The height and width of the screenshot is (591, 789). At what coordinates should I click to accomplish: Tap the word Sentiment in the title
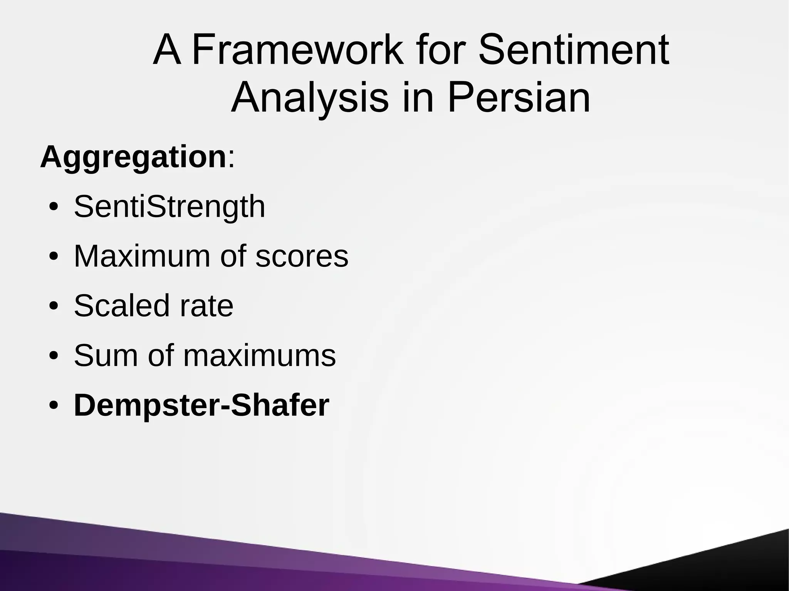coord(573,50)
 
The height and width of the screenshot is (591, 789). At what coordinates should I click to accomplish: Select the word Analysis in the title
coord(310,98)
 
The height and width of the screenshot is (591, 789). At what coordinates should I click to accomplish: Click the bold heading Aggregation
coord(133,157)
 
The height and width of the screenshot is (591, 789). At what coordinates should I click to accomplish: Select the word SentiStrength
coord(170,207)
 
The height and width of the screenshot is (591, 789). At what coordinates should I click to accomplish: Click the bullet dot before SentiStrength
coord(54,208)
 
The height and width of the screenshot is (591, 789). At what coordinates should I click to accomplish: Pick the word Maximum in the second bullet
coord(142,256)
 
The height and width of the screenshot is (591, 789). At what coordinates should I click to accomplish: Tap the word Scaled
coord(121,306)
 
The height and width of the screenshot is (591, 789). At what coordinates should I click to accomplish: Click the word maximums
coord(259,356)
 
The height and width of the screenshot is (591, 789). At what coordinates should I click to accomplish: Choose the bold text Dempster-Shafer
coord(201,405)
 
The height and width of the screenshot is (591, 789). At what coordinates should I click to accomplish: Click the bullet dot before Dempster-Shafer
coord(54,407)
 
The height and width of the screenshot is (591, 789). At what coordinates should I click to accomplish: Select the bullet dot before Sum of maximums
coord(54,357)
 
